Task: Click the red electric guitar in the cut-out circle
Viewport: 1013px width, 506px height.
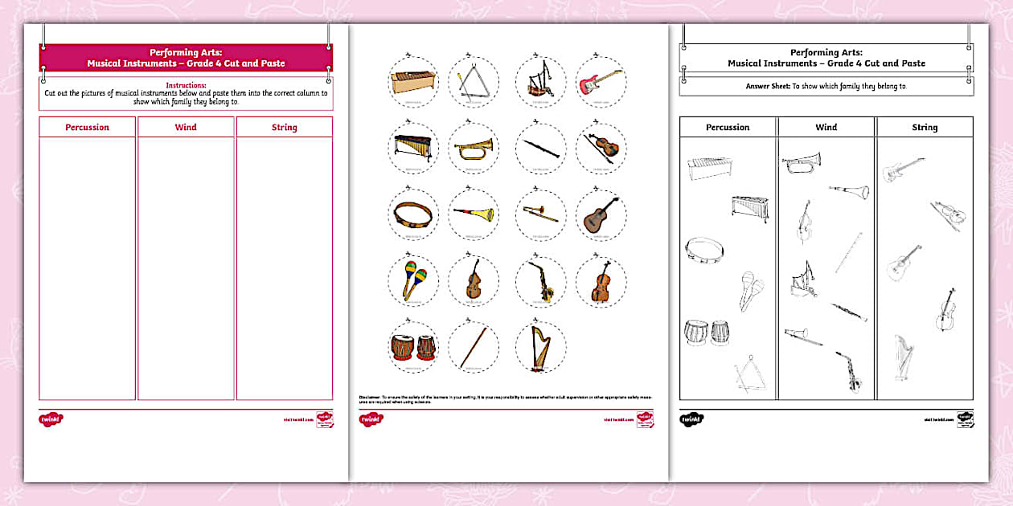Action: pos(600,82)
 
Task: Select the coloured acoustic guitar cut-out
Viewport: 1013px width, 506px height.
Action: pos(600,214)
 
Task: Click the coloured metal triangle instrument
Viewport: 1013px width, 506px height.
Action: pos(474,82)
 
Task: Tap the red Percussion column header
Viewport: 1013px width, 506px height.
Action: pos(88,127)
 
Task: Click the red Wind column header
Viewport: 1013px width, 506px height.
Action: pos(186,127)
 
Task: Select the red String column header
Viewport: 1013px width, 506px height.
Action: pos(284,127)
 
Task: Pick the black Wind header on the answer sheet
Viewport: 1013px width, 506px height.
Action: pos(826,127)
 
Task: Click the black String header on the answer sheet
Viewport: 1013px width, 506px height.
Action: pos(925,127)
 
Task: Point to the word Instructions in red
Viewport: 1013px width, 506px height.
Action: pos(186,85)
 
